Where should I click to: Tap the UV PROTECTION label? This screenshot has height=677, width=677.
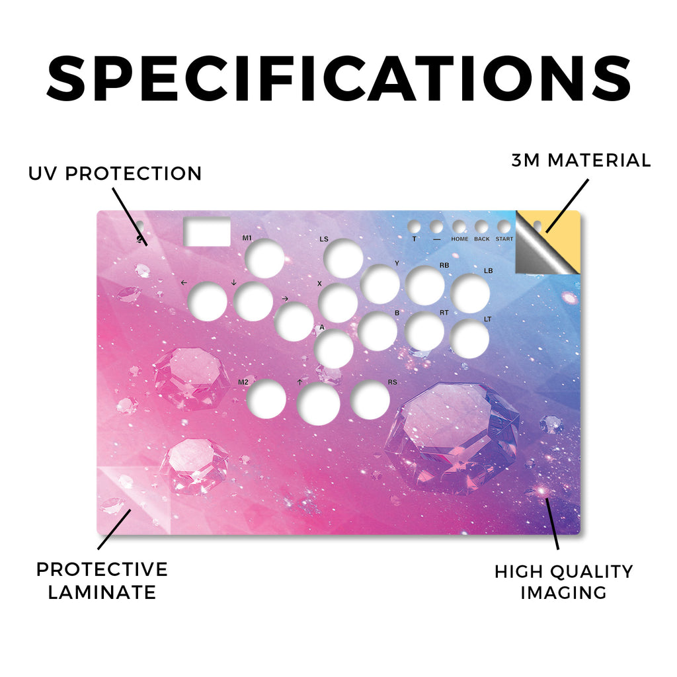tap(115, 174)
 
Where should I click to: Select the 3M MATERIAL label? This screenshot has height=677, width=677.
tap(580, 160)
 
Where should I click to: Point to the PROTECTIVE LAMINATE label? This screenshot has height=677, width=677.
tap(102, 580)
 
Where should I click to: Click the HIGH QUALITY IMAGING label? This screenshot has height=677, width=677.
tap(563, 582)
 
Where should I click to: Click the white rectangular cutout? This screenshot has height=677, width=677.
tap(207, 231)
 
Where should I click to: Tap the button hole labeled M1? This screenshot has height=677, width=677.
tap(264, 259)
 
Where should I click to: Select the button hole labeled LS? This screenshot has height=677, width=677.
tap(343, 259)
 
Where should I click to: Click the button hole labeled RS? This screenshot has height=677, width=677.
tap(370, 400)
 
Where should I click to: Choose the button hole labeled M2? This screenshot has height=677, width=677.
tap(266, 399)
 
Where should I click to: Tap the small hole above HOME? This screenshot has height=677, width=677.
tap(459, 227)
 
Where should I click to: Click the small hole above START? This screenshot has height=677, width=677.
tap(504, 227)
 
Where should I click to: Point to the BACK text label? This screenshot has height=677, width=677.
tap(482, 239)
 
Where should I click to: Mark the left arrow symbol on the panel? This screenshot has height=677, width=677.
tap(184, 282)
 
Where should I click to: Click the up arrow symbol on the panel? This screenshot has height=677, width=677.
tap(299, 382)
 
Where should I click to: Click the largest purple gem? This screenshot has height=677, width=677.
tap(452, 438)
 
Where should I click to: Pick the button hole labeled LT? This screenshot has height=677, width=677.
tap(469, 339)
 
